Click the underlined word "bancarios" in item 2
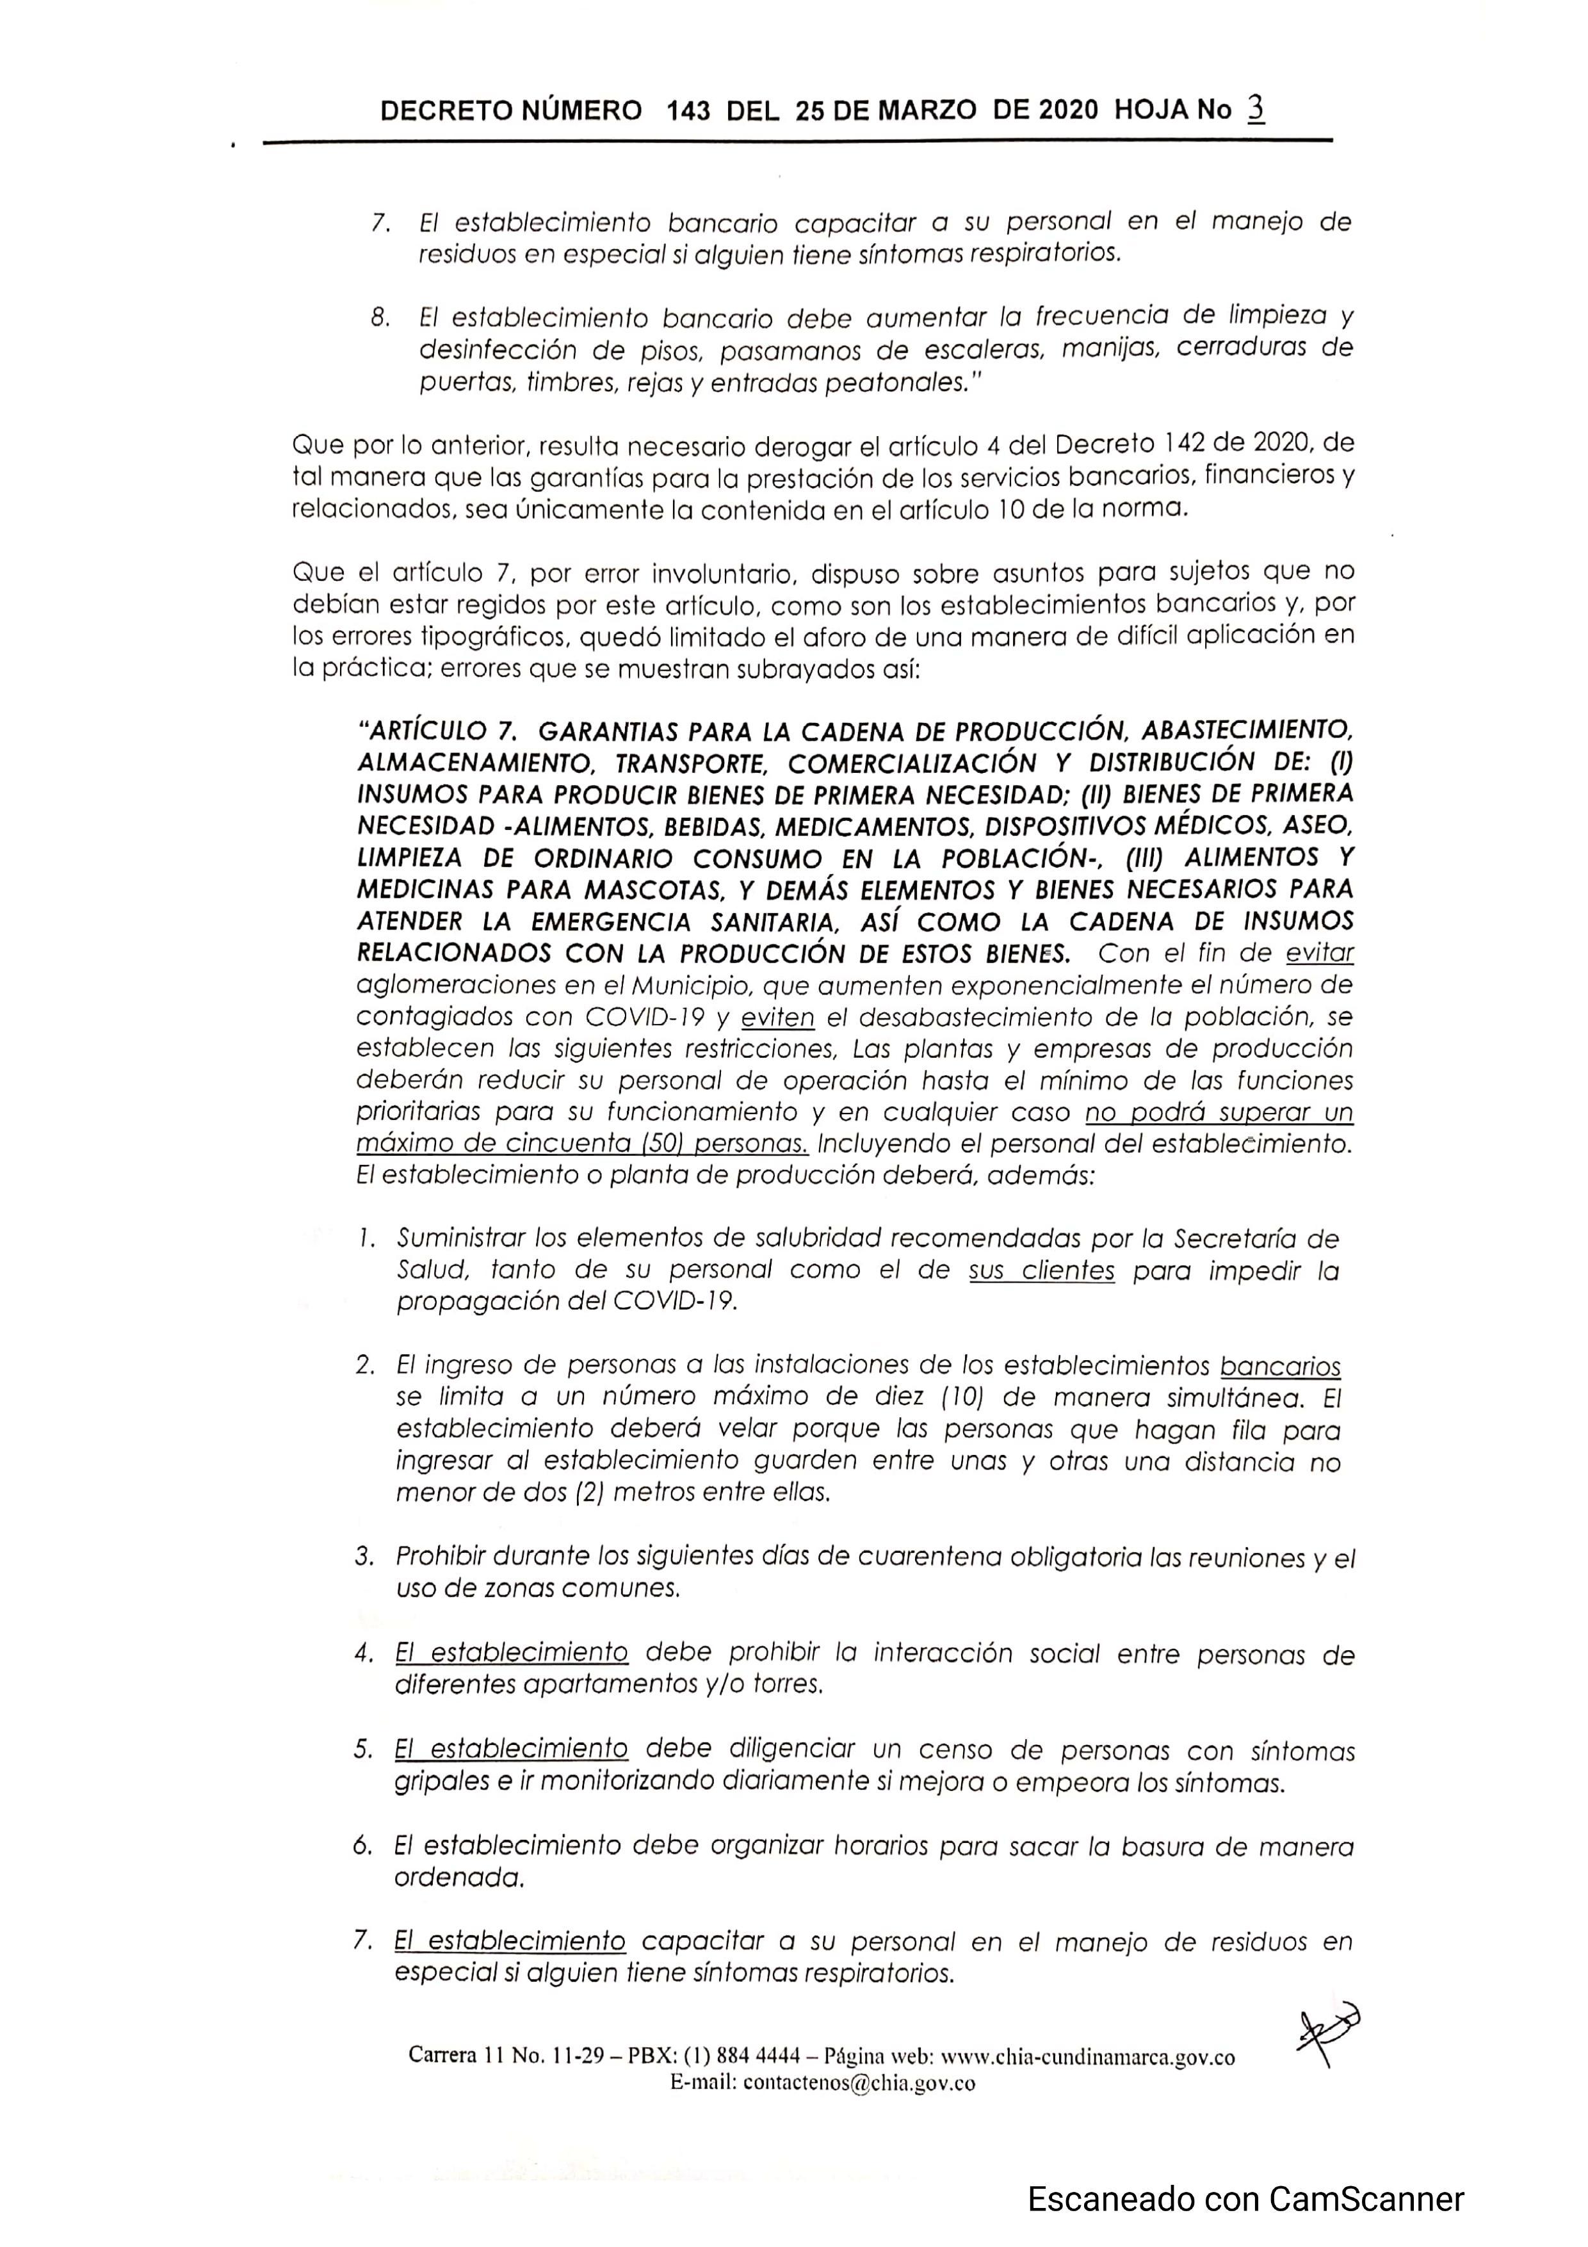click(1280, 1367)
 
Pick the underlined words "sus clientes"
click(1041, 1270)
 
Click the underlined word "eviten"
click(778, 1018)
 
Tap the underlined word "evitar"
click(1319, 953)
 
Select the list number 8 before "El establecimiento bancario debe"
click(380, 319)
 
